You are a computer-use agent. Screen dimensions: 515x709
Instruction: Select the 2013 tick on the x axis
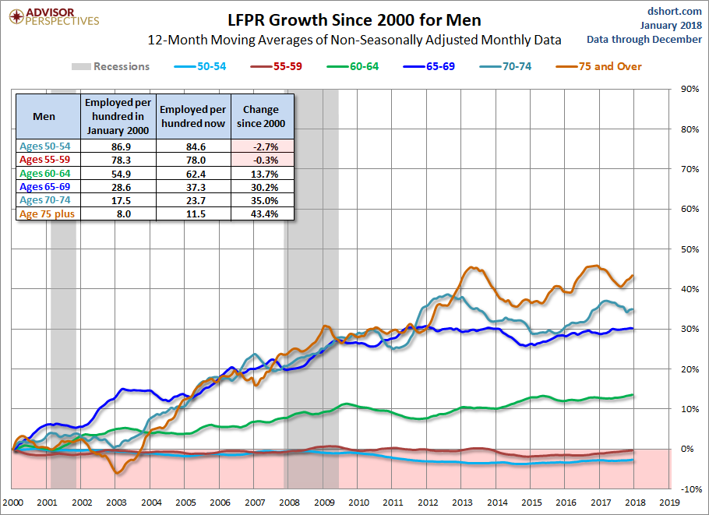(x=461, y=503)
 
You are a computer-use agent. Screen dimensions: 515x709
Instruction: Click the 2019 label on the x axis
(x=669, y=503)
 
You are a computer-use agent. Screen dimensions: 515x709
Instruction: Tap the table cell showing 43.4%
(x=263, y=214)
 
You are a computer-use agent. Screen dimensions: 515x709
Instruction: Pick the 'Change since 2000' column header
(x=263, y=117)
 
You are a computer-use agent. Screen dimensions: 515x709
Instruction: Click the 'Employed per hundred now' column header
(x=194, y=117)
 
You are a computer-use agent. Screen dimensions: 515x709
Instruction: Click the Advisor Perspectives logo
(x=53, y=16)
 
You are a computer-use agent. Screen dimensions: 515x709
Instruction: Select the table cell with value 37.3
(x=194, y=187)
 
